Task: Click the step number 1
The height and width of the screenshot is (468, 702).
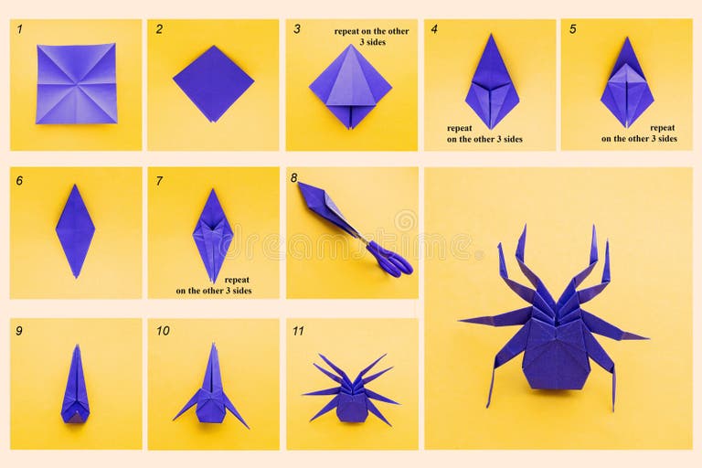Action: point(19,28)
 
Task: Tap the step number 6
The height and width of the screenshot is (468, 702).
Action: point(19,180)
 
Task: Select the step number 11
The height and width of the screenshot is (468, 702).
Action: point(298,331)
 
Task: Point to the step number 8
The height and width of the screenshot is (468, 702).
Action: point(293,177)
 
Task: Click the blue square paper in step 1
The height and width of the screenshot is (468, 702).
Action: point(77,83)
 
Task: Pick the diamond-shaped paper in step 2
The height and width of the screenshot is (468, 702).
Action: point(213,83)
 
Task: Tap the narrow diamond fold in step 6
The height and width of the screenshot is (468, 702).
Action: point(75,230)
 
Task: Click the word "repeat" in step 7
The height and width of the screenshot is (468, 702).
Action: point(237,280)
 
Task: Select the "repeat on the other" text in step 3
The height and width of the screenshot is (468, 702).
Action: point(371,31)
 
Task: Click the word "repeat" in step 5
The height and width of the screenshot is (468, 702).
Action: point(663,128)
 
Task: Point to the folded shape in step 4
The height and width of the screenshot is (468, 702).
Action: point(492,82)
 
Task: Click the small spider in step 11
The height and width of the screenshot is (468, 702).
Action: point(353,393)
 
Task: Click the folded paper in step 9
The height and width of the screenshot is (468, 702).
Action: point(75,387)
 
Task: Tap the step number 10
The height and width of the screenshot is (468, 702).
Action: point(162,331)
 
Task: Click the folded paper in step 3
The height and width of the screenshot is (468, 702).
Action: point(350,88)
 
